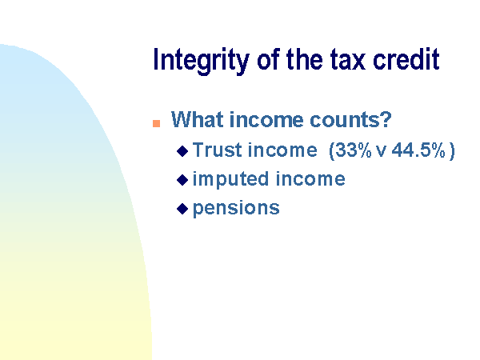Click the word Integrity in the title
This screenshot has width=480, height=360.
[201, 61]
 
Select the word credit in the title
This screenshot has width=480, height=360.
[406, 58]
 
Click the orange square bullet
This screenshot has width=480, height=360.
[157, 123]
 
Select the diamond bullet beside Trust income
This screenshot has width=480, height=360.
[182, 151]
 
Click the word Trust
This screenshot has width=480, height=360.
[218, 150]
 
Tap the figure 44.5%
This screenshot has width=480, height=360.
[418, 150]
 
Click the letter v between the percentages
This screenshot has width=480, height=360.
[381, 152]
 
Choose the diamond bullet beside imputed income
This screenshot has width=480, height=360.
[182, 180]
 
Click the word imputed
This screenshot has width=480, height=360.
[231, 180]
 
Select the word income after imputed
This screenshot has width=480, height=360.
[310, 178]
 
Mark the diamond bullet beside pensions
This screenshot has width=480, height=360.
[182, 209]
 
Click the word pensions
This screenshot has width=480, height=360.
[236, 209]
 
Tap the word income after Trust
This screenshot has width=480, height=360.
[282, 150]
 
